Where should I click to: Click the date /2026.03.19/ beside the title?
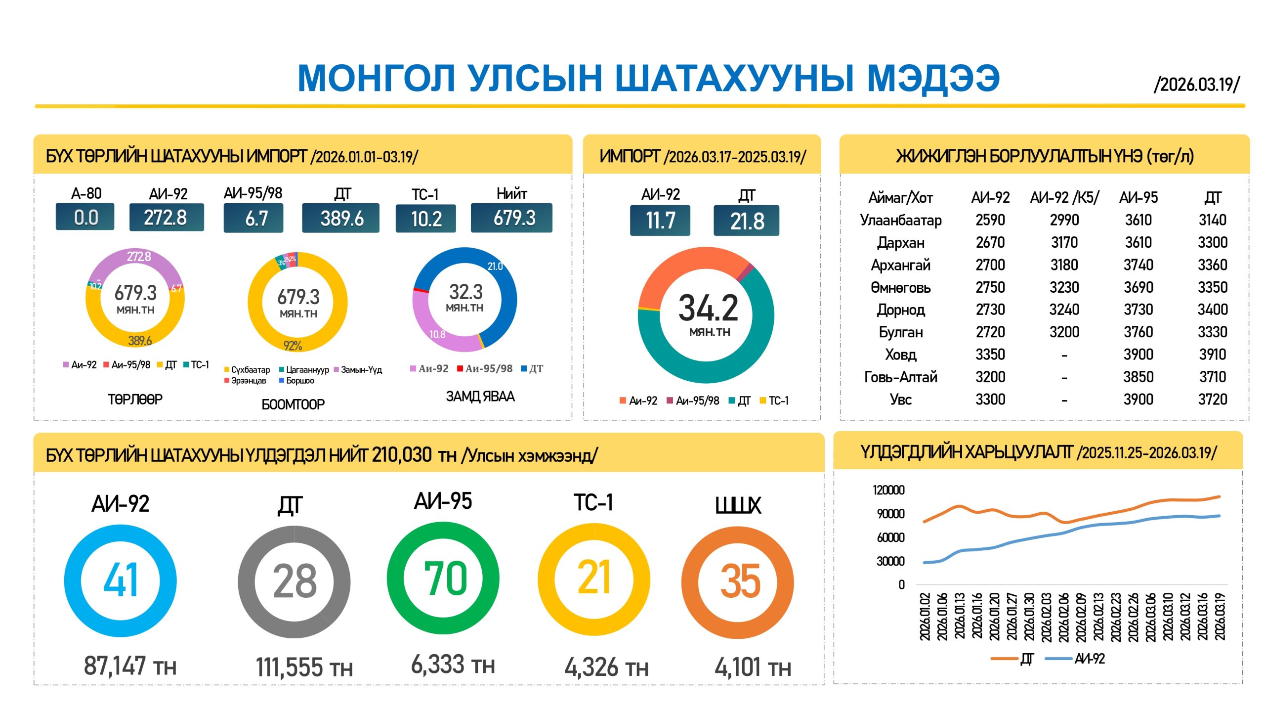[1196, 85]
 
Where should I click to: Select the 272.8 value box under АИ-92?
[166, 218]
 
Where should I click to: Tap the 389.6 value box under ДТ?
[341, 218]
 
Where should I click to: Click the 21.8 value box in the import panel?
[746, 221]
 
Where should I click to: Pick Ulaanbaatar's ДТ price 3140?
[1212, 220]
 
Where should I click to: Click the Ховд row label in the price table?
[900, 355]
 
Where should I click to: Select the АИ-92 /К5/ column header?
[1064, 198]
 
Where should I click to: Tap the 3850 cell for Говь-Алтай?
[1138, 377]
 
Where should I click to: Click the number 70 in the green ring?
[445, 578]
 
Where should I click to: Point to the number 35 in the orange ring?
[740, 581]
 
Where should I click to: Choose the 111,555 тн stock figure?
[304, 667]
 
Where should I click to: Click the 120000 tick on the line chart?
[888, 490]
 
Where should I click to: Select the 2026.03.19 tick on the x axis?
[1220, 617]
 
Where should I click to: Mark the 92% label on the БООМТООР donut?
[293, 346]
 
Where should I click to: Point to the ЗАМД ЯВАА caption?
[480, 397]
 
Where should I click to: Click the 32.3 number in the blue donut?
[465, 292]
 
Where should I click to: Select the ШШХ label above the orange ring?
[738, 505]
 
